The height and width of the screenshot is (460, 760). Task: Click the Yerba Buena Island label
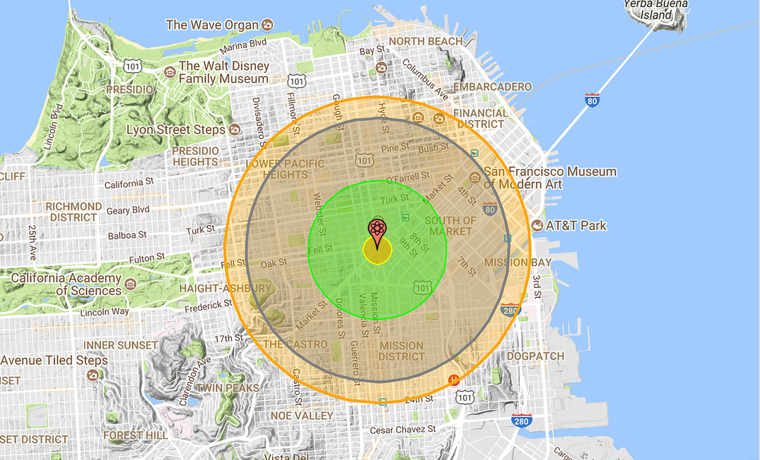(x=647, y=9)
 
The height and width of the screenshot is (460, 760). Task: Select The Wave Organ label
(x=212, y=25)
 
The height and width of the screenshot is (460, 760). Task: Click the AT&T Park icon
(x=537, y=226)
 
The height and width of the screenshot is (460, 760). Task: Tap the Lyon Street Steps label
(x=176, y=130)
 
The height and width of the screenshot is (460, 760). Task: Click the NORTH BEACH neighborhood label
(x=426, y=42)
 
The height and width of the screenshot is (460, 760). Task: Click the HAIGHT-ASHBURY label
(x=225, y=289)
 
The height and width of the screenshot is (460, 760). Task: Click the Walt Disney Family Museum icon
(x=170, y=72)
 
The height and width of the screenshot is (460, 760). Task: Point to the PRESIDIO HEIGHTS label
(x=197, y=156)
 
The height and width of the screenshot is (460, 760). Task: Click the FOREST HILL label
(x=135, y=435)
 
